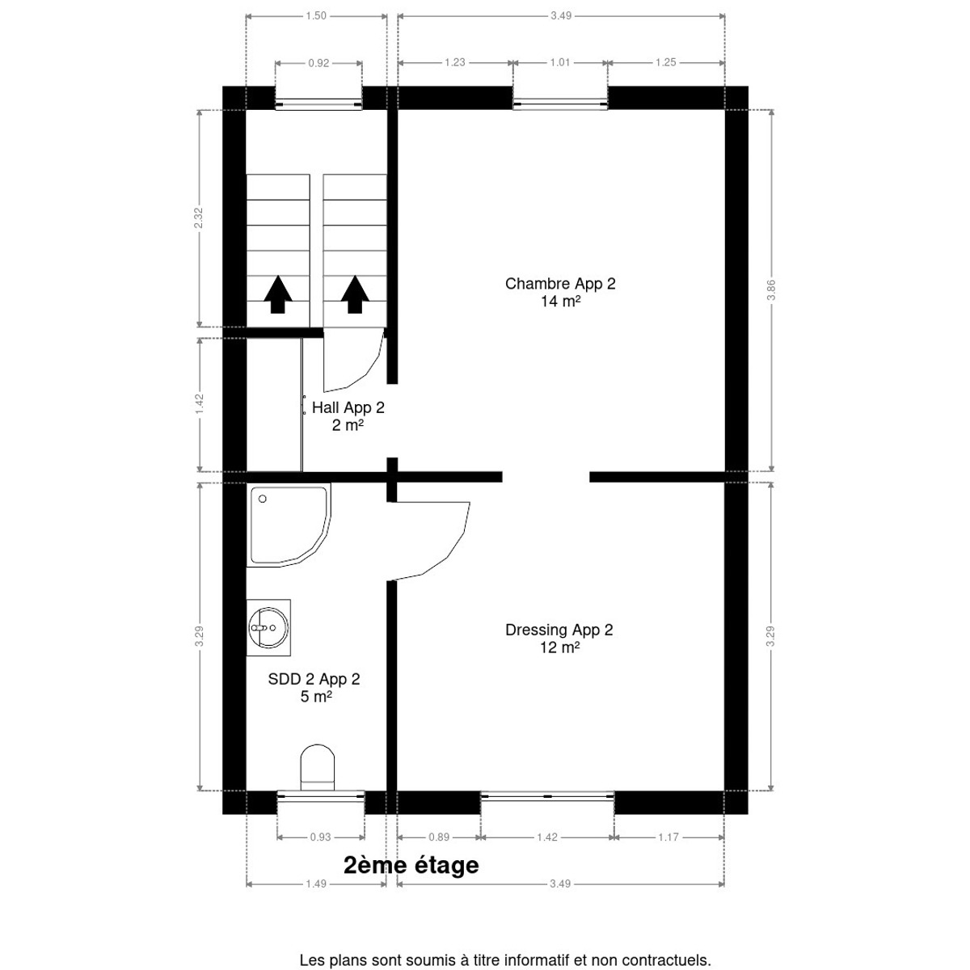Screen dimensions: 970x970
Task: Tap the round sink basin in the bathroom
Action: [268, 627]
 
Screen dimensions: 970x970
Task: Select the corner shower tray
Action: [289, 525]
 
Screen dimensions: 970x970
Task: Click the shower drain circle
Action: [262, 499]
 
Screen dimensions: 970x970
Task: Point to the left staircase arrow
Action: [278, 294]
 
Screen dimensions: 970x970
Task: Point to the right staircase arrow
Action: [355, 294]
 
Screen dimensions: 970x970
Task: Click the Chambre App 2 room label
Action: [560, 293]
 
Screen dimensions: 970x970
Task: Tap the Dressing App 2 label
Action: [559, 639]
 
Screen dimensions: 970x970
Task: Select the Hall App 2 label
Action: [348, 416]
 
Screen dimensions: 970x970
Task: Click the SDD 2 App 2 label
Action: [314, 688]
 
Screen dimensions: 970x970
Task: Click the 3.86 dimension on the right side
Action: [771, 290]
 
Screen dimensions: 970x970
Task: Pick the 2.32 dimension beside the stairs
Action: [199, 218]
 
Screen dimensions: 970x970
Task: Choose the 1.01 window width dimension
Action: [559, 62]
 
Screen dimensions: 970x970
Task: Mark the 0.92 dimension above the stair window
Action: [318, 63]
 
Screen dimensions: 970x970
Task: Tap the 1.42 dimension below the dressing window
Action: [547, 837]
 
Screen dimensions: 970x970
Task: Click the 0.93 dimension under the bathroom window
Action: [321, 837]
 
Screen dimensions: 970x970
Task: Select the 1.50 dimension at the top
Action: [316, 15]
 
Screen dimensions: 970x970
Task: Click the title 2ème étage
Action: [411, 865]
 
